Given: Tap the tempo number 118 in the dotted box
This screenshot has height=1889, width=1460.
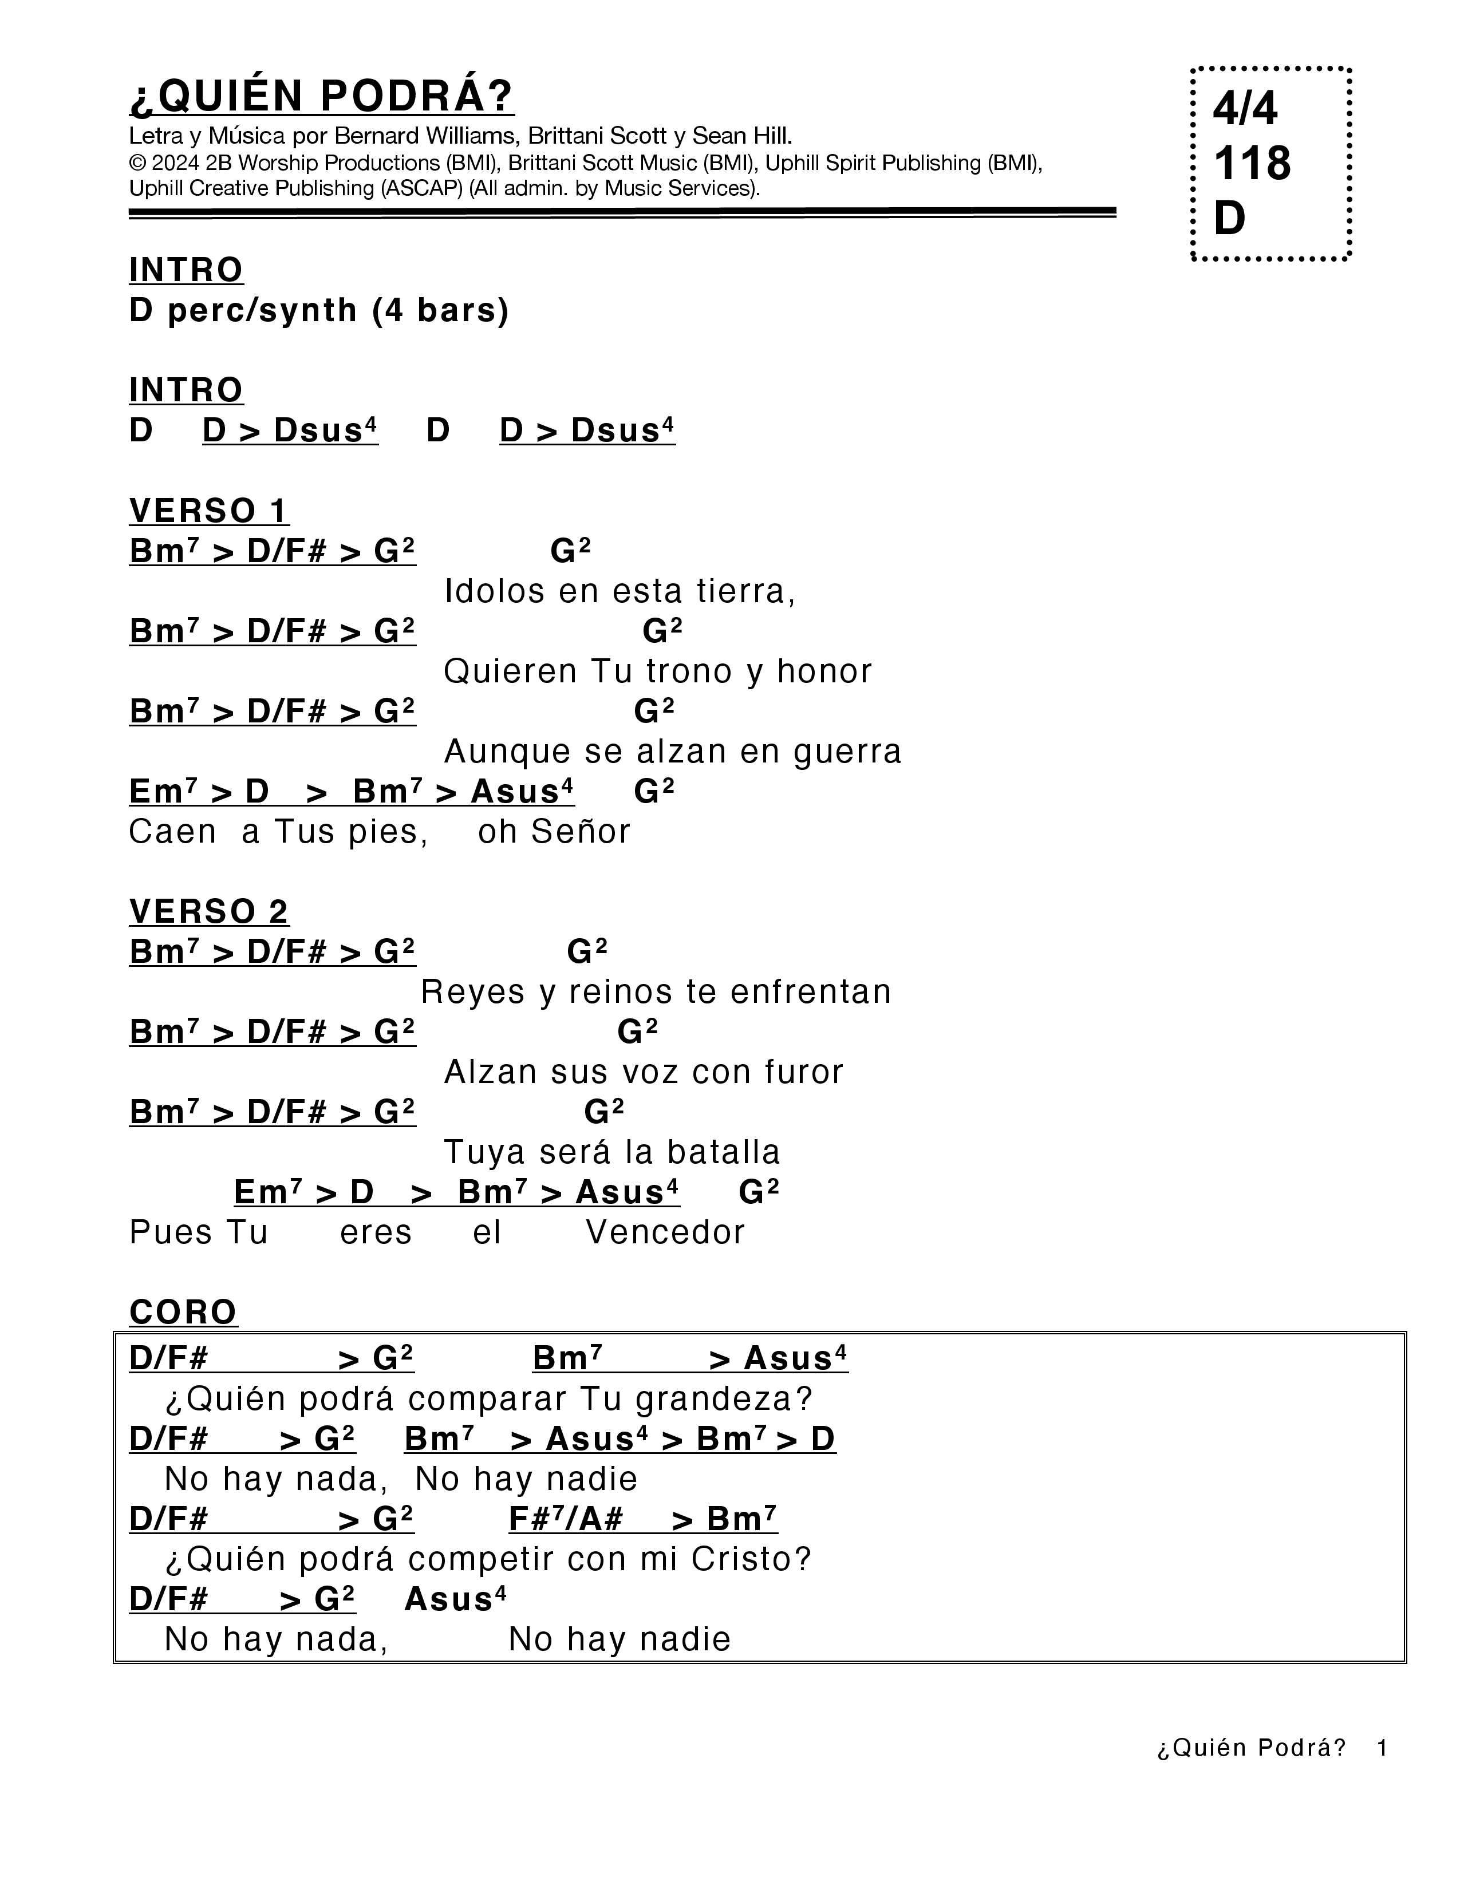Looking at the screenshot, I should (x=1252, y=164).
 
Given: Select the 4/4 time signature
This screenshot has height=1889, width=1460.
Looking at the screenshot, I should (x=1245, y=109).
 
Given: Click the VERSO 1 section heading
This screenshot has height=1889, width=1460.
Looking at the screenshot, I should (x=208, y=511).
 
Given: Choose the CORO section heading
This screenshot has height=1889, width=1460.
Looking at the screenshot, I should (x=183, y=1312).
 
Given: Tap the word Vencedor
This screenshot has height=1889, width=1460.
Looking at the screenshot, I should (x=665, y=1232).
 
